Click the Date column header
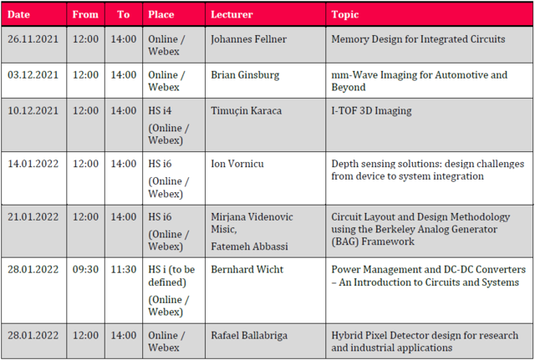[x=18, y=14]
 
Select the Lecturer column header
[x=232, y=14]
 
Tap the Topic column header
[x=345, y=15]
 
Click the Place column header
[x=161, y=14]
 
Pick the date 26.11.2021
[x=33, y=39]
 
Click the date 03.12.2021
[x=33, y=74]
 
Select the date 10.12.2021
[x=33, y=110]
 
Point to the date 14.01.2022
[x=33, y=164]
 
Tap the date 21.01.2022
[x=33, y=217]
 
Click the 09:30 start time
[x=85, y=269]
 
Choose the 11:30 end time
[x=124, y=269]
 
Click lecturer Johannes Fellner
[x=249, y=39]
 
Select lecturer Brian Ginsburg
[x=245, y=75]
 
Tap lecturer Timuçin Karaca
[x=247, y=111]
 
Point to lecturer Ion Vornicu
[x=237, y=164]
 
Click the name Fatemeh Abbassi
[x=249, y=246]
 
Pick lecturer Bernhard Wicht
[x=247, y=269]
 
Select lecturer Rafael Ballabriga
[x=249, y=336]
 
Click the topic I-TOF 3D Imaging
[x=371, y=111]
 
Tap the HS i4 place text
[x=160, y=110]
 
